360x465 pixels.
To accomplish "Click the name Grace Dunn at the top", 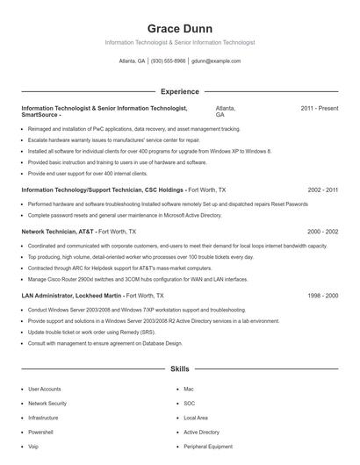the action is coord(179,28).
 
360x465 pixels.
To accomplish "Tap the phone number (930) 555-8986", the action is coord(169,61).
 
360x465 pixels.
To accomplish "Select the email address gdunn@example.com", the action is coord(216,61).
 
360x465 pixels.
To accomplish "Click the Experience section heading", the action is coord(179,91).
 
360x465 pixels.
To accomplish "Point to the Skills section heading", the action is coord(179,369).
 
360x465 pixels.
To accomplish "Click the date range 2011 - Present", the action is coord(319,108).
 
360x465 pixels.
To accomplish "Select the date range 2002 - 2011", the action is coord(322,190).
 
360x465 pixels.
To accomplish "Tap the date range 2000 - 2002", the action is coord(322,232).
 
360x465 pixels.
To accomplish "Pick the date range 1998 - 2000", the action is coord(322,296).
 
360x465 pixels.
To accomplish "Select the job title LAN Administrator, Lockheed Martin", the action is coord(71,296).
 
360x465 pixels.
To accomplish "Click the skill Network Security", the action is coord(47,403).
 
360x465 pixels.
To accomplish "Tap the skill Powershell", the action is coord(40,433).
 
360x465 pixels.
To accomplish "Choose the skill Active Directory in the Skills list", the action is coord(202,433).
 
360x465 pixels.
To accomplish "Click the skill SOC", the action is coord(190,403).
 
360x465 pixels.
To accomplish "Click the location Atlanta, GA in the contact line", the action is coord(132,61).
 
